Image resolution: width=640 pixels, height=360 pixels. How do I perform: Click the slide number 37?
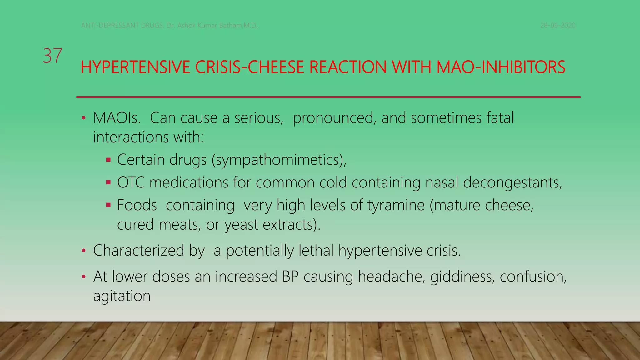[x=52, y=56]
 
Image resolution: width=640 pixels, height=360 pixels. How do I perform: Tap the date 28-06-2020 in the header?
[x=557, y=26]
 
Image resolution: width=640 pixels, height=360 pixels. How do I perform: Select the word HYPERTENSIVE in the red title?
[x=135, y=67]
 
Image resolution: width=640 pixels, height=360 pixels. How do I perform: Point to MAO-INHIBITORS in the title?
[x=501, y=67]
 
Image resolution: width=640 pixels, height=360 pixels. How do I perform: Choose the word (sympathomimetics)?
[x=279, y=160]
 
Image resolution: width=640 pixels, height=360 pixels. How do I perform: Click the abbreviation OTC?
[x=131, y=182]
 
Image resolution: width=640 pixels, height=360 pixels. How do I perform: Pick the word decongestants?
[x=512, y=182]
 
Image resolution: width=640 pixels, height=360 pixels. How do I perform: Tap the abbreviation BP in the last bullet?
[x=290, y=277]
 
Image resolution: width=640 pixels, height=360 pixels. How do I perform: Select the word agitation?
[x=122, y=296]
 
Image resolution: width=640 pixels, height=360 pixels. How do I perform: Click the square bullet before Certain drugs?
[x=108, y=160]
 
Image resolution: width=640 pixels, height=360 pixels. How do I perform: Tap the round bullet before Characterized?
[x=83, y=251]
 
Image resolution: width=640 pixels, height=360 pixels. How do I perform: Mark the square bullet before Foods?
[x=108, y=205]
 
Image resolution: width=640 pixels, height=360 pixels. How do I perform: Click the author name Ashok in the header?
[x=187, y=26]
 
